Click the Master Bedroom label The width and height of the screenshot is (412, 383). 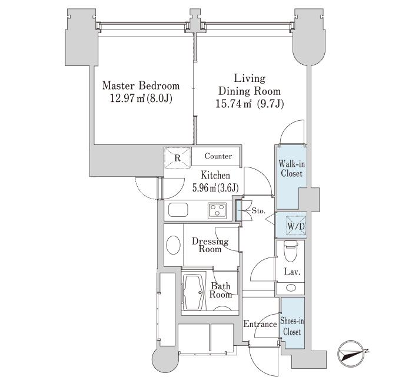(141, 85)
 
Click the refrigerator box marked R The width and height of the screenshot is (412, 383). (177, 157)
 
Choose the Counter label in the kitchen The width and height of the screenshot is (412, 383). (218, 157)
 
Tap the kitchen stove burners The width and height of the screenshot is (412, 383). (216, 209)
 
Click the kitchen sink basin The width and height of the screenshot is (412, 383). (177, 210)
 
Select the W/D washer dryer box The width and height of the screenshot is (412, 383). (295, 226)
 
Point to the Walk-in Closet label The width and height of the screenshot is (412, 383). (290, 169)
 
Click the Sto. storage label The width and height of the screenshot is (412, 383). (259, 210)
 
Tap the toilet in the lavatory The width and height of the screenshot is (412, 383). (290, 252)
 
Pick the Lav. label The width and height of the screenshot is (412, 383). (291, 272)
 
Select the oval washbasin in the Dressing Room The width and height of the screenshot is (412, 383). (173, 245)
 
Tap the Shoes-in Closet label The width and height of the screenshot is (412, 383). (293, 326)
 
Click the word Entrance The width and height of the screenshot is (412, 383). (260, 324)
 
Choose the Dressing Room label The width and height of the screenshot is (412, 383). (210, 245)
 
